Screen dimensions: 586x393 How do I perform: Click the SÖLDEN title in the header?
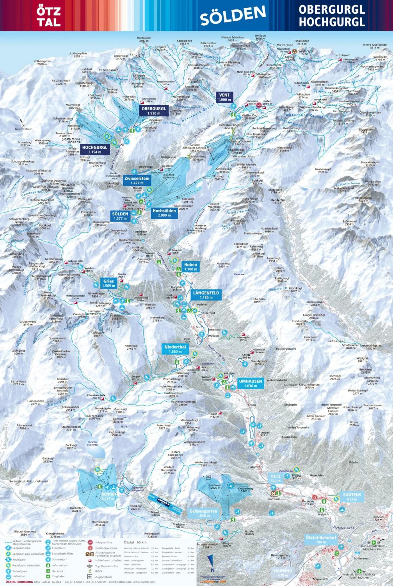click(233, 16)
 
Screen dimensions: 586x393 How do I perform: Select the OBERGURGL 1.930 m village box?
click(154, 111)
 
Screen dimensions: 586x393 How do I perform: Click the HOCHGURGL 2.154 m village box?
click(94, 149)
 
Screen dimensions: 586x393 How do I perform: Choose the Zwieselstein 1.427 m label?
click(137, 180)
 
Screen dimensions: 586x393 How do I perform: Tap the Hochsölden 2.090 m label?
click(164, 213)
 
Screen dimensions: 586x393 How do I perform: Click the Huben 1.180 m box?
click(190, 267)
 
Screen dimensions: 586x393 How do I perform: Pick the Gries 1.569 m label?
click(108, 283)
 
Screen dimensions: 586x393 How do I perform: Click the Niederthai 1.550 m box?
click(175, 349)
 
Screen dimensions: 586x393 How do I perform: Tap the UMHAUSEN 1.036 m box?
click(250, 383)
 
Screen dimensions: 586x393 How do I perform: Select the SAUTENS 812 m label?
click(352, 497)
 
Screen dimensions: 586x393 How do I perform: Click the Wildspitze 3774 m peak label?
click(303, 96)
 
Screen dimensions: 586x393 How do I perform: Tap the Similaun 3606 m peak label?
click(260, 37)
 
